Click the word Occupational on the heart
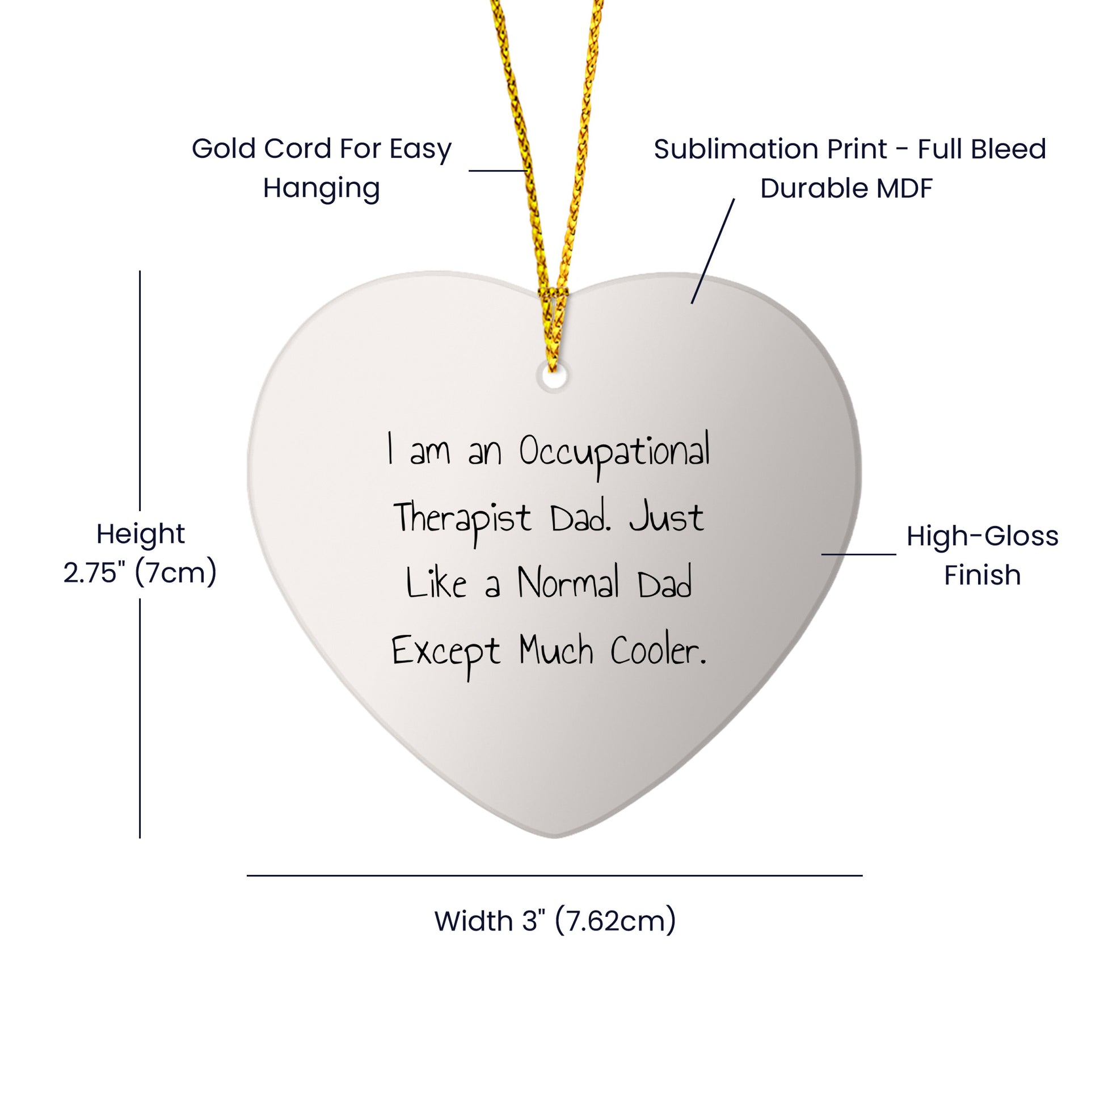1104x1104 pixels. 614,453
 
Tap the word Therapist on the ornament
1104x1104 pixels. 462,519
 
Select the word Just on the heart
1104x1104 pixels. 666,518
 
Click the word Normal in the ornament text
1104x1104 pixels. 568,584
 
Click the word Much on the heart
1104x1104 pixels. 556,651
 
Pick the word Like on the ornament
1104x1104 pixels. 436,584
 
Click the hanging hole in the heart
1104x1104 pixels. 553,378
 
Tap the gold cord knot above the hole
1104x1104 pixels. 552,297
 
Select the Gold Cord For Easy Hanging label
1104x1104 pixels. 321,168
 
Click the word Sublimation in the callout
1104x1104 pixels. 770,150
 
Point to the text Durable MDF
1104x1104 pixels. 846,188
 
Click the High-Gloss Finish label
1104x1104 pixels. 981,555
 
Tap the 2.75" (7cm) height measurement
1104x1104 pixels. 140,572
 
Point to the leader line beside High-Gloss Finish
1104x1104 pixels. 858,554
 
